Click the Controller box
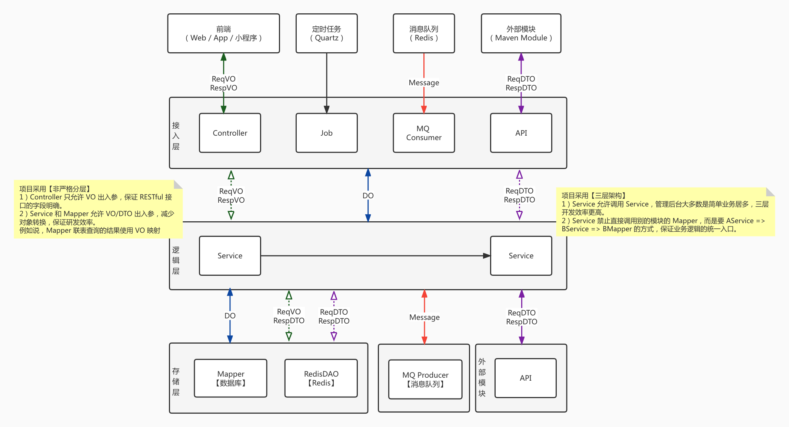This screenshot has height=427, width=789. pos(230,133)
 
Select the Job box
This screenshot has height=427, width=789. pos(326,133)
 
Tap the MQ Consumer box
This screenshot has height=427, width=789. pos(424,133)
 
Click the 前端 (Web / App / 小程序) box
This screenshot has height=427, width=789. pos(223,33)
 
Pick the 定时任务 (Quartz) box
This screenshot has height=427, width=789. pos(326,33)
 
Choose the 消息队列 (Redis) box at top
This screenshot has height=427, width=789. pos(424,33)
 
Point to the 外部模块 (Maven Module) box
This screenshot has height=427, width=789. pos(521,33)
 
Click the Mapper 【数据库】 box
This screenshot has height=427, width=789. pos(230,378)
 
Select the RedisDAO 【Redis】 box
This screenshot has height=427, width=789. pos(321,378)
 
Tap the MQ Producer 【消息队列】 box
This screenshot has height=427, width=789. pos(425,379)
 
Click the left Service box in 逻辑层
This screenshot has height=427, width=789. pos(230,256)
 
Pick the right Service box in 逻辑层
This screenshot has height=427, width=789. pos(521,256)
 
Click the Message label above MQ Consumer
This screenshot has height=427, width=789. pos(424,83)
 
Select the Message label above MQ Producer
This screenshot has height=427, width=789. pos(425,317)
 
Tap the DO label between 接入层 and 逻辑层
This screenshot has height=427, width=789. pos(368,196)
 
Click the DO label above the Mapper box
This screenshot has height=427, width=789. pos(230,316)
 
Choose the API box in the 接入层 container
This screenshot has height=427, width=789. pos(521,133)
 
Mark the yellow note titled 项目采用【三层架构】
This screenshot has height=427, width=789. pos(665,212)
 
